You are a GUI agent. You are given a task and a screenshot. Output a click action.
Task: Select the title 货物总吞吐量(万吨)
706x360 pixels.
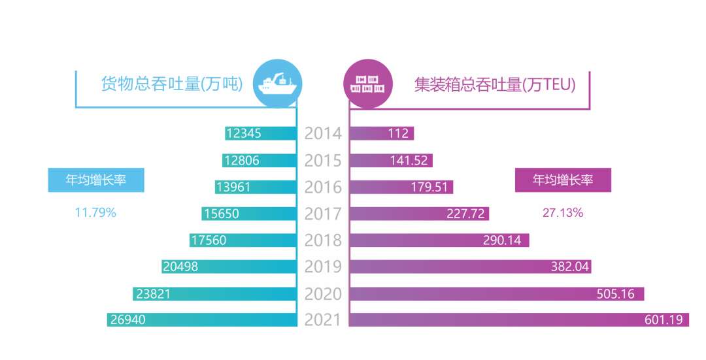172,84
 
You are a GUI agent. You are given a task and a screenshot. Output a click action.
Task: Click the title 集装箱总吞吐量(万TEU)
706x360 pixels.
495,84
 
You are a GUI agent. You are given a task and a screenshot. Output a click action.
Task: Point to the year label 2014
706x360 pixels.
323,133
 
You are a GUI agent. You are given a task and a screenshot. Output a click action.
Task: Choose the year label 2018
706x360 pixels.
323,240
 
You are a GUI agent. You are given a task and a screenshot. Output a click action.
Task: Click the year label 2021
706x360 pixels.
323,319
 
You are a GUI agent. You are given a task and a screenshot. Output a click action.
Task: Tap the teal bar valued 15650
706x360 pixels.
250,213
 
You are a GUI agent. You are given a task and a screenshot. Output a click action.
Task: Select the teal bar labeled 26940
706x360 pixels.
203,319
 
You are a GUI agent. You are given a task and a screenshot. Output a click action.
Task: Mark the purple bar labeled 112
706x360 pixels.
382,133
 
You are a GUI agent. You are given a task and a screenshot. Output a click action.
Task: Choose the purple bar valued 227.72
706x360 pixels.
419,213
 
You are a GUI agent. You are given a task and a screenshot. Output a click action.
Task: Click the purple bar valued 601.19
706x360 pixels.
518,319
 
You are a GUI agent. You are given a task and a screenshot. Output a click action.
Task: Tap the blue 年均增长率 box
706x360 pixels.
96,180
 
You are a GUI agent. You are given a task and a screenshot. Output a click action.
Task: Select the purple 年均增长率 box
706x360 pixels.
563,180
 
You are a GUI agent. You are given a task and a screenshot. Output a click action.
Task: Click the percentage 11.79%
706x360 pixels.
96,212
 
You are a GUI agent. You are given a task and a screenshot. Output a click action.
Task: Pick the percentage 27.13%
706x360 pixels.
563,212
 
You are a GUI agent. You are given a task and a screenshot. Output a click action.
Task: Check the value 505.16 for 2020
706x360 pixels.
615,293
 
